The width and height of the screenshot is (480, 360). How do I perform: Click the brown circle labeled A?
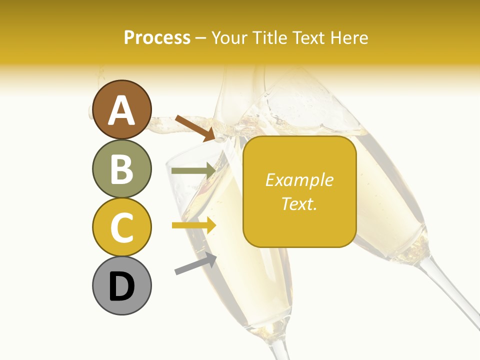(122, 109)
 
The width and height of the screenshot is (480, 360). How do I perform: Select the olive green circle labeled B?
(122, 168)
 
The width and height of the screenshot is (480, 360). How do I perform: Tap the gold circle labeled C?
(122, 227)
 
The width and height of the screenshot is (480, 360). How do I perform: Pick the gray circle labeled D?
(122, 286)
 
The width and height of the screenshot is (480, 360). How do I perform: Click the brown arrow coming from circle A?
(195, 127)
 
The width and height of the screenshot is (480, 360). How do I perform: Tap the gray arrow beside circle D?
(195, 263)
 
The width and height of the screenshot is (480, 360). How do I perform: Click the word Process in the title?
(157, 37)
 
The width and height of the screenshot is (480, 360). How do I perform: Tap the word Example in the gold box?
(299, 180)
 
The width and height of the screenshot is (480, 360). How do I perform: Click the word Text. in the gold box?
(299, 203)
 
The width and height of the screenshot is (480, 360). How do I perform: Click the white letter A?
(122, 110)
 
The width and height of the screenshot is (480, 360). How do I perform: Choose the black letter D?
(122, 286)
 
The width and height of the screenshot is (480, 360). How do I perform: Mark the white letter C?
(122, 227)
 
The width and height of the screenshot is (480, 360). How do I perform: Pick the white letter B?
(122, 169)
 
